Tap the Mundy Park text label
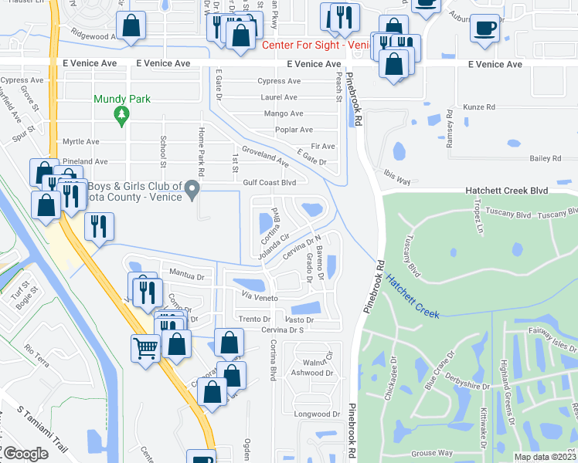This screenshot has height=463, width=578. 121,99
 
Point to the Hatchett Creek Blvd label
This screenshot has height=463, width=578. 506,190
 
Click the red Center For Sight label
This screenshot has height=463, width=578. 306,46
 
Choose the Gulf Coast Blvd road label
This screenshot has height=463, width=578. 269,183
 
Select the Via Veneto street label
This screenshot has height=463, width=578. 260,297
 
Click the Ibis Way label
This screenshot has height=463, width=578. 396,175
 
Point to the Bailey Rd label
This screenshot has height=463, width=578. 545,158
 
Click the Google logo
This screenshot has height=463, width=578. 25,454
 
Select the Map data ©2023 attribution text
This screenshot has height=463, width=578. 546,457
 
